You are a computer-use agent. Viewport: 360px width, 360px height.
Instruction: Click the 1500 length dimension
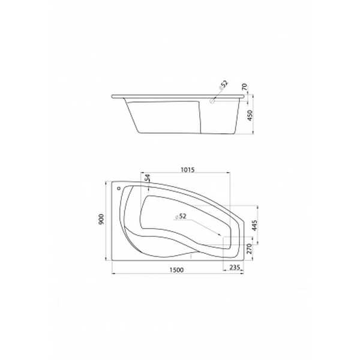click(x=176, y=270)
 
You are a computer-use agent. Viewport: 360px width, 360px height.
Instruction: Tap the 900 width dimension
click(x=101, y=219)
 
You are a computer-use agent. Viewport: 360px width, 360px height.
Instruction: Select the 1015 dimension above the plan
click(x=188, y=170)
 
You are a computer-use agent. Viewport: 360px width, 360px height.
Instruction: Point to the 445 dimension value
click(x=254, y=226)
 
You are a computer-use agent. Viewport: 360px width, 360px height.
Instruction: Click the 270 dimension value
click(x=249, y=248)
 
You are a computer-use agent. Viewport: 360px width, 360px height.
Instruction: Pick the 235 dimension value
click(x=235, y=267)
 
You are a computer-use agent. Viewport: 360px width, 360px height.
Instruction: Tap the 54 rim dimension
click(x=148, y=178)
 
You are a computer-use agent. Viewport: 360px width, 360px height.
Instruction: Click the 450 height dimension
click(x=250, y=115)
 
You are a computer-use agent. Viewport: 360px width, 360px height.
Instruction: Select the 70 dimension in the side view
click(x=245, y=87)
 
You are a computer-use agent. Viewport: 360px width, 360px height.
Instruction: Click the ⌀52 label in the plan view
click(x=181, y=216)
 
